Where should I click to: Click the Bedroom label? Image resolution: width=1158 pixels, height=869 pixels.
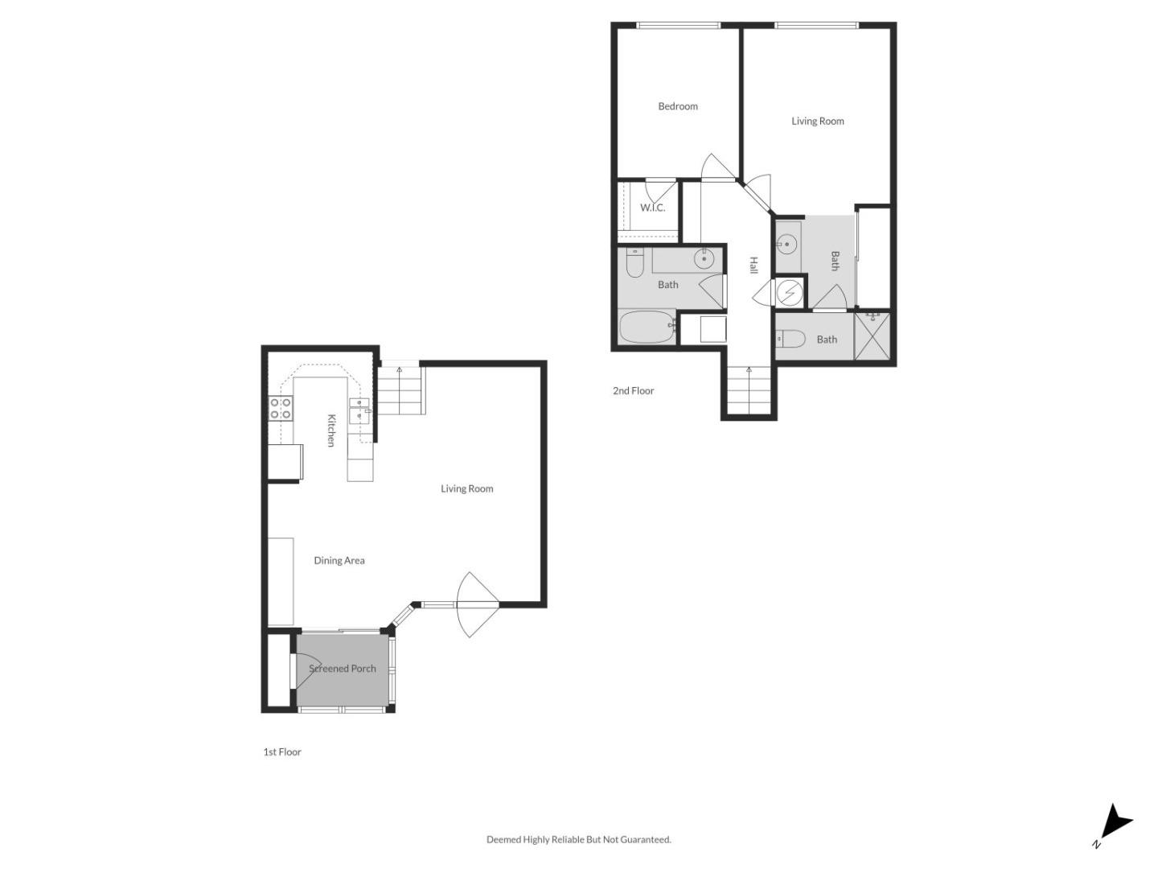[678, 106]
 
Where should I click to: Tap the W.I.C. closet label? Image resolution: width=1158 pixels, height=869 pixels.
[652, 208]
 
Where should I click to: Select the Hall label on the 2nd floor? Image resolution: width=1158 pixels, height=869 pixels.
[754, 266]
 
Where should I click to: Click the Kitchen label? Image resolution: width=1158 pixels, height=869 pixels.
[331, 430]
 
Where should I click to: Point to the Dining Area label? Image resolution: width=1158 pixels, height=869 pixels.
[339, 561]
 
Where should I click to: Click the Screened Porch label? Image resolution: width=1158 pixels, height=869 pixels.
[343, 669]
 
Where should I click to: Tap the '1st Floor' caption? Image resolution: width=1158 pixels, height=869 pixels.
[282, 752]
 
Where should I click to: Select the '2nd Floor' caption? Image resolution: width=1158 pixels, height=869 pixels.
[633, 391]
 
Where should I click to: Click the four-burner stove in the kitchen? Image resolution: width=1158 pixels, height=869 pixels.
[280, 409]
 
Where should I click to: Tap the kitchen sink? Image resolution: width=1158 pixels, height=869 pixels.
[359, 410]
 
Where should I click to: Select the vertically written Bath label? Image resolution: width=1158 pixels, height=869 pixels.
[835, 261]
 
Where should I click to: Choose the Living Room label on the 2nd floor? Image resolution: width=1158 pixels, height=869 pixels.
[817, 121]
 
